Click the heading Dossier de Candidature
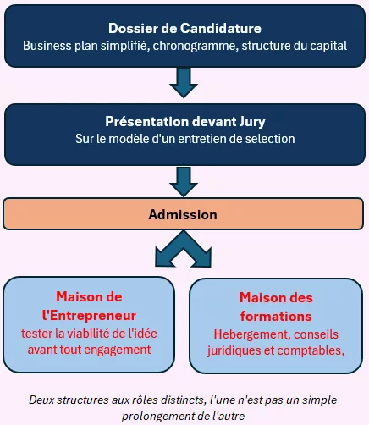pos(184,28)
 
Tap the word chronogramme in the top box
pos(195,46)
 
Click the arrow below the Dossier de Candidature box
pos(184,83)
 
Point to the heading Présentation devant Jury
pos(185,122)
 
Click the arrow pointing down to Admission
pos(184,182)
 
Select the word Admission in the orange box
pos(183,214)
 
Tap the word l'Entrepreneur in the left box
pos(89,316)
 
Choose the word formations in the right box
pos(276,317)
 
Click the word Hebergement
pos(252,335)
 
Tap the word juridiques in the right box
pos(234,351)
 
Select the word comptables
pos(310,350)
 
